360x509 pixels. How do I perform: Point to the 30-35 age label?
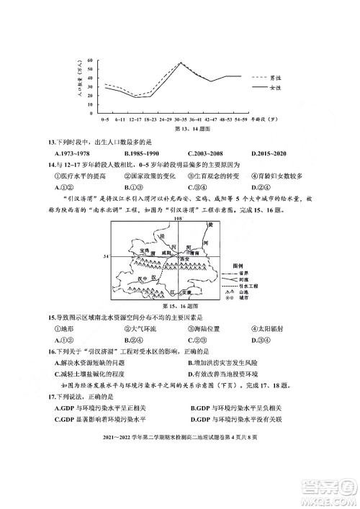(180, 118)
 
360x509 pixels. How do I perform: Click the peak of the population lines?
(180, 63)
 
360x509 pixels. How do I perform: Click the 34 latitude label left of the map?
(105, 256)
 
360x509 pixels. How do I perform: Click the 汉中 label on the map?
(145, 278)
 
